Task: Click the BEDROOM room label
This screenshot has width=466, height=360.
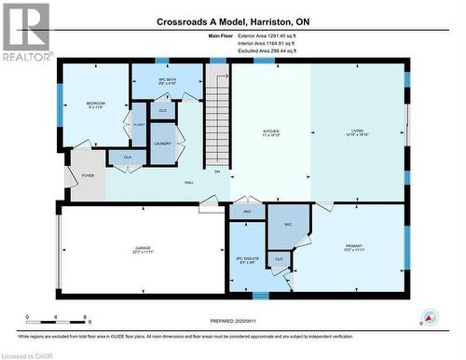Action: coord(96,104)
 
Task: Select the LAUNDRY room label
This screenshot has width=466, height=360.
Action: coord(162,143)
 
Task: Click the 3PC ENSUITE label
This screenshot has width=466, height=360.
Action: coord(246,258)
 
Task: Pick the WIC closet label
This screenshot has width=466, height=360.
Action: coord(288,224)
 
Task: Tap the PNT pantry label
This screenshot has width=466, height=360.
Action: coord(248,213)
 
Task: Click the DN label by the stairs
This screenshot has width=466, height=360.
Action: coord(217,171)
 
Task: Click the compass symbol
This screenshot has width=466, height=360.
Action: coord(430,316)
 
